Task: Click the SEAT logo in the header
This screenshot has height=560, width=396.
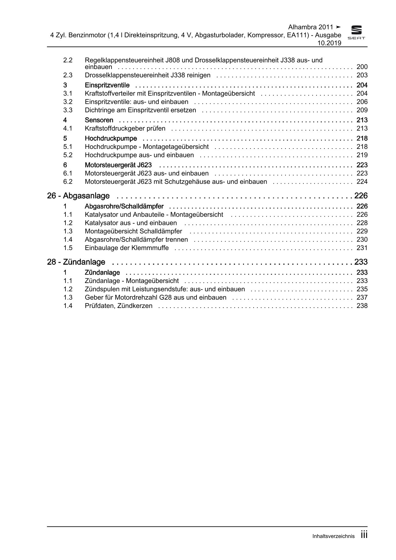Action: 356,33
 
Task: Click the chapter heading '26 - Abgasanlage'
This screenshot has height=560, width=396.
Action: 78,196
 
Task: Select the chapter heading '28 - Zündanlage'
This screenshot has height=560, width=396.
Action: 76,262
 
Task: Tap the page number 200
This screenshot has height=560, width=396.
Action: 362,67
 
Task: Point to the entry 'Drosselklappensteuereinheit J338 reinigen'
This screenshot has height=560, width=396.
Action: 148,75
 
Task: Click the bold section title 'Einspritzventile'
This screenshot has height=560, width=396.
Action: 107,85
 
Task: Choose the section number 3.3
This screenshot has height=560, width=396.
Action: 68,110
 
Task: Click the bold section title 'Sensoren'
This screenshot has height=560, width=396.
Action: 99,120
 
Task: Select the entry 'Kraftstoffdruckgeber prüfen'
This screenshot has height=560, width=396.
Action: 125,128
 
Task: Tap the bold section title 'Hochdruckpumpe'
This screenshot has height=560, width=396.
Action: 111,138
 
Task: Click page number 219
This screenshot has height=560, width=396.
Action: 362,155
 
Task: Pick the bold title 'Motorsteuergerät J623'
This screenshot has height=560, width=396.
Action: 118,165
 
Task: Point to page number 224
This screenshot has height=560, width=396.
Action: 362,181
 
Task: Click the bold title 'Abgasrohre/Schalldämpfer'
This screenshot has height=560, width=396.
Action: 124,206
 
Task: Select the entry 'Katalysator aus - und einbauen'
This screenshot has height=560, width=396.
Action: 131,223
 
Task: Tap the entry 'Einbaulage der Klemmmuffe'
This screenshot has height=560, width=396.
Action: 127,248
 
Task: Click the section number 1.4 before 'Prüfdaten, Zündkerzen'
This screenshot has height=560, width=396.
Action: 68,306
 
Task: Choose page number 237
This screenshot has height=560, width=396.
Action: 362,297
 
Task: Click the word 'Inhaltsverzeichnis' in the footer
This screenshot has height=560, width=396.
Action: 333,536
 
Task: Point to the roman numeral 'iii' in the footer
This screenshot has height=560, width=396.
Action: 364,535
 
